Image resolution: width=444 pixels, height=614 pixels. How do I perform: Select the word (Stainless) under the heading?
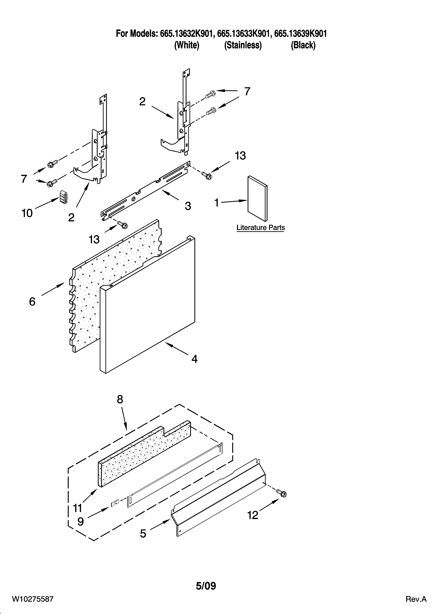[x=243, y=45]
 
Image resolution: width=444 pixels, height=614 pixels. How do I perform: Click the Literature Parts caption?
[x=260, y=228]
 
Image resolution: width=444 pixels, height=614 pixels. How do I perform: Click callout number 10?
[x=27, y=213]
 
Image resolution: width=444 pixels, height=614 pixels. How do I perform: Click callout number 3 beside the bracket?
[x=188, y=206]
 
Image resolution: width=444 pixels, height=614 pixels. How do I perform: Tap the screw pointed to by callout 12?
[x=282, y=493]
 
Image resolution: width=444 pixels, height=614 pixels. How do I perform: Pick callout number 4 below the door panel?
[x=194, y=359]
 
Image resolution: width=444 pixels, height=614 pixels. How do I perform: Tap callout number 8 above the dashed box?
[x=120, y=399]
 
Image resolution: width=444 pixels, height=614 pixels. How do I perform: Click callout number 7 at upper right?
[x=247, y=92]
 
